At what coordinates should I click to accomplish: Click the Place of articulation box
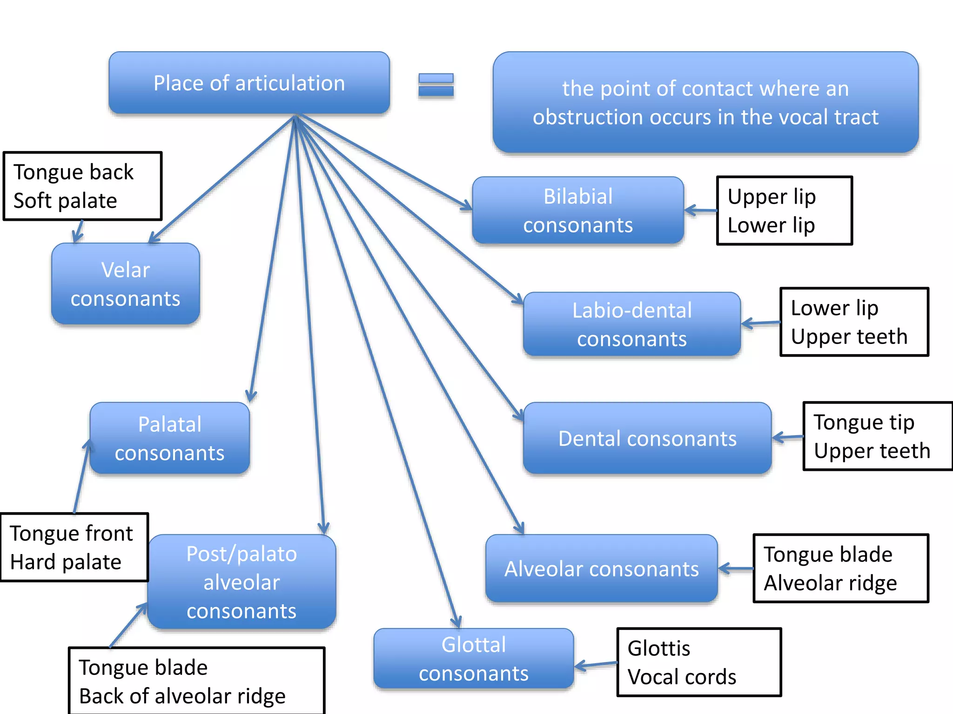249,83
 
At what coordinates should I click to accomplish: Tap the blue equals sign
436,85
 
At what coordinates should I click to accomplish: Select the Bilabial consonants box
577,211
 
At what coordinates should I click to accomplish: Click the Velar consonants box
125,284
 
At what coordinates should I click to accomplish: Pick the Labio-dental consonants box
631,324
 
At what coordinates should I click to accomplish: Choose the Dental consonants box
647,438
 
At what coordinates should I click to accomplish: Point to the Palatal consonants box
169,438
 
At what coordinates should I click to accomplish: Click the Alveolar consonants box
601,569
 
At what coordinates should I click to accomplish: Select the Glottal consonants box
473,659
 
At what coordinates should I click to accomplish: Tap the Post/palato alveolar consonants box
242,582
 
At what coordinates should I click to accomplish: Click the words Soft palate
65,201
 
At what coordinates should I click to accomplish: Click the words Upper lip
771,197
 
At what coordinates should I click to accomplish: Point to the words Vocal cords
682,677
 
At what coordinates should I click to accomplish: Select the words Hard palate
66,562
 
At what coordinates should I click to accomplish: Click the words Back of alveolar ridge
182,696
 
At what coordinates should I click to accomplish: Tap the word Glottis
658,648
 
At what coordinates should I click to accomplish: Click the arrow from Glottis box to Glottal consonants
596,665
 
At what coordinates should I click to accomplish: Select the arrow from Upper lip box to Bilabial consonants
700,211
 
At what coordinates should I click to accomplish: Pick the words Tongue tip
864,423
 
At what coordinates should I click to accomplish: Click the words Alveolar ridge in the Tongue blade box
830,583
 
